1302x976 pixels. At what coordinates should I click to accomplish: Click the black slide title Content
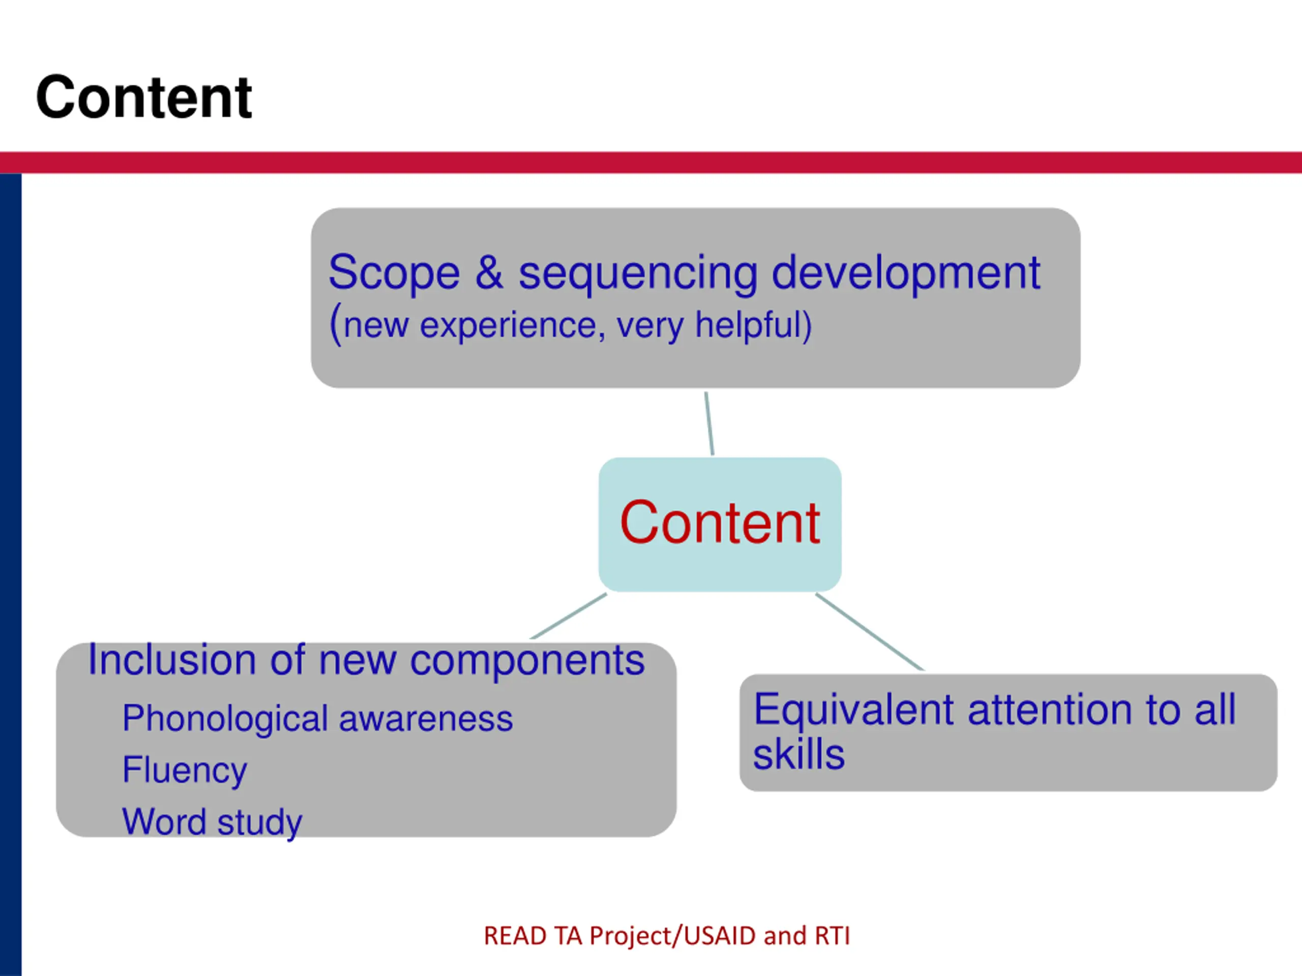(143, 98)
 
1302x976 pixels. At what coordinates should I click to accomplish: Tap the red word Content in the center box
(719, 523)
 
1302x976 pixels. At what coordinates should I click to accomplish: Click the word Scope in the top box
(394, 272)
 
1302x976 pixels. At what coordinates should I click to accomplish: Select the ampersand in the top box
(489, 272)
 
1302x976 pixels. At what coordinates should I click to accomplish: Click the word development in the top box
(905, 273)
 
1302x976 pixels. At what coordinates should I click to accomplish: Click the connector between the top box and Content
(709, 423)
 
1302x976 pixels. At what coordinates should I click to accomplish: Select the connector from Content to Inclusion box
(569, 616)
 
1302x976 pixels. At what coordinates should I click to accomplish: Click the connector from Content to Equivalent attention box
(869, 631)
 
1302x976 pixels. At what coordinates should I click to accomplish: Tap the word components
(527, 661)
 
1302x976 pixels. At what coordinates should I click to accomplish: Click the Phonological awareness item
(317, 719)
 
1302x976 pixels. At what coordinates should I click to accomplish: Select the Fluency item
(184, 770)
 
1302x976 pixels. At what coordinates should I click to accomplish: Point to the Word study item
(212, 822)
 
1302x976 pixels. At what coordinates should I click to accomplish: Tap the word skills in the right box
(798, 755)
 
